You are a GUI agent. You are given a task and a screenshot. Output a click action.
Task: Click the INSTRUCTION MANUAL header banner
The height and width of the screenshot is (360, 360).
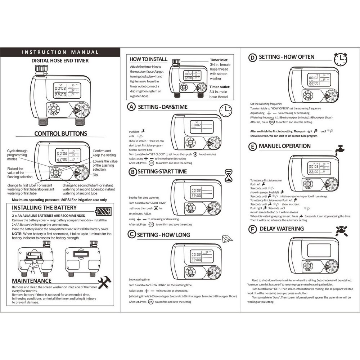[60, 52]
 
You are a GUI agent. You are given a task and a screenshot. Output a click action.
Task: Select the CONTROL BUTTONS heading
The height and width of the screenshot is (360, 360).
[60, 134]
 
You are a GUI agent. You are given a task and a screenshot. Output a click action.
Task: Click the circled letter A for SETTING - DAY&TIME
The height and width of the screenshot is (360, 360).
[132, 107]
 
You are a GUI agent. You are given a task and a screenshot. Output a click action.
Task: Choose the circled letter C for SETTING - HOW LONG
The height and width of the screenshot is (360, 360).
[132, 235]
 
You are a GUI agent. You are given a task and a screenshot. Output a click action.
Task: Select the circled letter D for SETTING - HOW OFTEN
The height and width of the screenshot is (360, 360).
[253, 57]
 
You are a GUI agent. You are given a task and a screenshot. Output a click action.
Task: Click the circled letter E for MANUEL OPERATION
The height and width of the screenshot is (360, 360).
[253, 147]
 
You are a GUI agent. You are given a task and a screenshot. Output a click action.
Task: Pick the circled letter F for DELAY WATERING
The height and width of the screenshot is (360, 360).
[253, 229]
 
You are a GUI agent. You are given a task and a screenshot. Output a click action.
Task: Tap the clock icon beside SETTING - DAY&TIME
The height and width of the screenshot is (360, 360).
[226, 110]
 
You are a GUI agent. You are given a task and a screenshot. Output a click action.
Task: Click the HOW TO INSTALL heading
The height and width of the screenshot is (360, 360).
[148, 59]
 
